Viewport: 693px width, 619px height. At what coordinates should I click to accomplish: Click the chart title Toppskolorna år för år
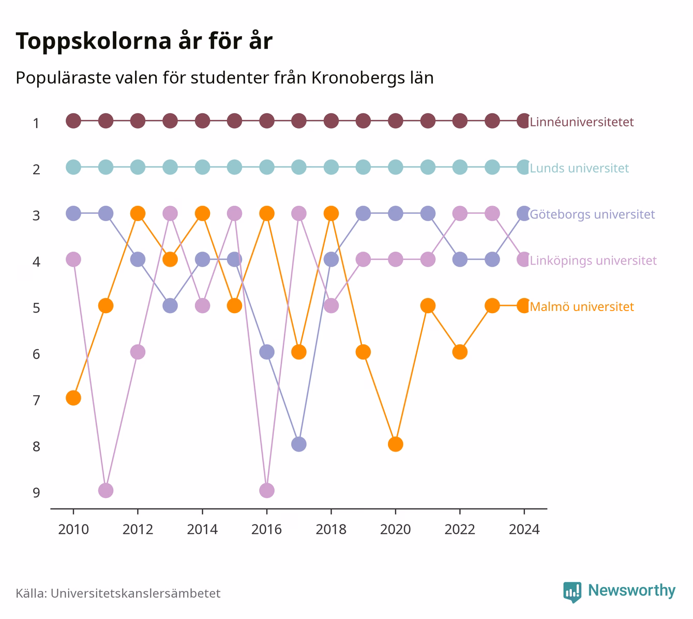click(x=144, y=41)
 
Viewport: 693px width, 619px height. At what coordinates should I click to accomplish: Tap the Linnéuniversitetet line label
click(x=581, y=121)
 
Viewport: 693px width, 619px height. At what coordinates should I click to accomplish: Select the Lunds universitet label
click(x=579, y=168)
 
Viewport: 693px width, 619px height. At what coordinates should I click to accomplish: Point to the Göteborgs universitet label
click(x=592, y=214)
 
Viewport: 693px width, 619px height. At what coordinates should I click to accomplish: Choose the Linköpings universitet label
click(x=593, y=261)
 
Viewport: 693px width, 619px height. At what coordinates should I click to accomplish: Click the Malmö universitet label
click(x=581, y=306)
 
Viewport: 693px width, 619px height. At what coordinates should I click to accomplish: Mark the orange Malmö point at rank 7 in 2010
click(x=73, y=398)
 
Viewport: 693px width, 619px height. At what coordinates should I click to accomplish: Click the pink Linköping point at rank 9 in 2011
click(x=106, y=490)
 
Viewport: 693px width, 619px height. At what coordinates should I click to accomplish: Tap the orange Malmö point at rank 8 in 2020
click(x=396, y=444)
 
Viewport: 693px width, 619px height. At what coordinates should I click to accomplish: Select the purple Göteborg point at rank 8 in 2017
click(x=298, y=444)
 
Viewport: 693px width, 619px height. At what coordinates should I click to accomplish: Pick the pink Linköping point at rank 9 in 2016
click(x=267, y=490)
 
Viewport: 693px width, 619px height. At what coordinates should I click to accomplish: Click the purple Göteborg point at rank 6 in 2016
click(x=267, y=352)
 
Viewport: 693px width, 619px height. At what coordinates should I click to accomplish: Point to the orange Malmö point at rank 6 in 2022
click(x=460, y=352)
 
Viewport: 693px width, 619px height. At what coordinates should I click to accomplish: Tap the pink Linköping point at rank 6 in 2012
click(x=138, y=352)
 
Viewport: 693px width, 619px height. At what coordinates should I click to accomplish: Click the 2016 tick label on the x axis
click(x=266, y=530)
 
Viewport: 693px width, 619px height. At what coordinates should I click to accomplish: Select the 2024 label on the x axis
click(x=524, y=530)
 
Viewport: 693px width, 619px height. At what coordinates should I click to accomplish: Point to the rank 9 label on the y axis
click(x=36, y=492)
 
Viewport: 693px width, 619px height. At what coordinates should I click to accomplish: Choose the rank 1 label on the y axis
click(x=36, y=123)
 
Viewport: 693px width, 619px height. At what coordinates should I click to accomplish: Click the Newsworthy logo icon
click(x=573, y=592)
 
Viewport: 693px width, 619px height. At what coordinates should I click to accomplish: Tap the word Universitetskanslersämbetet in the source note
click(x=135, y=593)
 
